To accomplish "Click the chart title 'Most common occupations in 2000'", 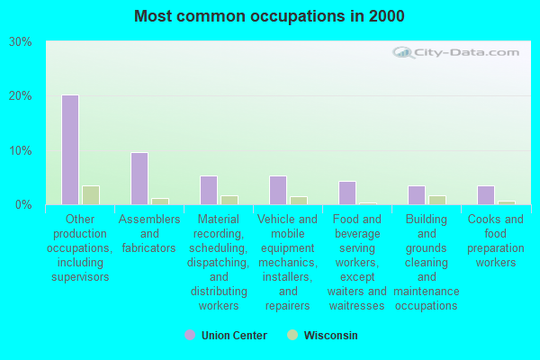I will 269,16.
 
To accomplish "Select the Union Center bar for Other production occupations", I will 70,149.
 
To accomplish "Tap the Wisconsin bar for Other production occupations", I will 90,195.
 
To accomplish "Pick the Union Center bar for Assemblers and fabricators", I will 139,178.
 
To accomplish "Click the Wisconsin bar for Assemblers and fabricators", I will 159,202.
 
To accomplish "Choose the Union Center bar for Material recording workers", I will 209,190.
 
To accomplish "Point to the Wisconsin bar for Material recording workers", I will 229,200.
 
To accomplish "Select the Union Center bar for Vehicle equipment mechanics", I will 278,190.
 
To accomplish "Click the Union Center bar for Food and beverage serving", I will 347,193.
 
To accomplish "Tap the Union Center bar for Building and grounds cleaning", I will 417,195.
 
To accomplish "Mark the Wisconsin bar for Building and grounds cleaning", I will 436,200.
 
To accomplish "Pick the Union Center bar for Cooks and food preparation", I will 486,195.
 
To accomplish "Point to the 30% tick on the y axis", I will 21,42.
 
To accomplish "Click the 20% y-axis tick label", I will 21,96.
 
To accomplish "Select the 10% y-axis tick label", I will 21,150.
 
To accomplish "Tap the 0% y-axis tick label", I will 24,205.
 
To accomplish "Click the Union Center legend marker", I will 190,335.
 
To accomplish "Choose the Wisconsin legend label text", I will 329,336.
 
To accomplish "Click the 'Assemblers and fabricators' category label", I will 148,233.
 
